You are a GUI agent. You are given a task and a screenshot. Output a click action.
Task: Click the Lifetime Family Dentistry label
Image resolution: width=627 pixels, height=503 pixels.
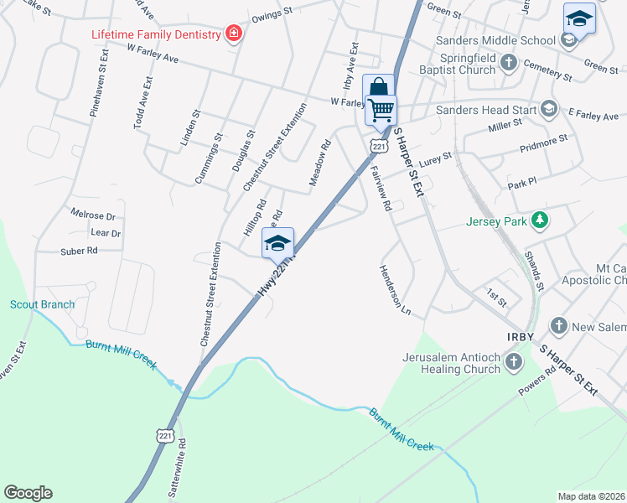click(x=155, y=34)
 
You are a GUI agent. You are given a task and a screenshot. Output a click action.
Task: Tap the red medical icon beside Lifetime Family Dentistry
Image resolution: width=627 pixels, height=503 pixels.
click(x=234, y=34)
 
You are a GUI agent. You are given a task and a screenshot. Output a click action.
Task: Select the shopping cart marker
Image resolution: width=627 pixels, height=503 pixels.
click(x=381, y=109)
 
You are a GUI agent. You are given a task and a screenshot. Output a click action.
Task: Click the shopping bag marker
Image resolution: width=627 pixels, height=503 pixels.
click(x=379, y=88)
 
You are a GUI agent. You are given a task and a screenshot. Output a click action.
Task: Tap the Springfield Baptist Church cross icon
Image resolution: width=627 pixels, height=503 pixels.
click(x=508, y=61)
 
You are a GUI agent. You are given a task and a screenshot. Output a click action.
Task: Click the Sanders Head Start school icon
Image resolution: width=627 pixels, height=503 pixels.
click(x=549, y=108)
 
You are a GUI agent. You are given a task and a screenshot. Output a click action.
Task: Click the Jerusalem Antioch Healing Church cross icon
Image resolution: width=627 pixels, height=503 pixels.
click(x=513, y=362)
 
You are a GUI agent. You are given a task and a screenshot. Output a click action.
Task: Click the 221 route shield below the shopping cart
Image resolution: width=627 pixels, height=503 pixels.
click(x=379, y=147)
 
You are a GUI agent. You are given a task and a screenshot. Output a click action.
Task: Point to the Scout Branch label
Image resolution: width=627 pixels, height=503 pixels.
click(x=43, y=304)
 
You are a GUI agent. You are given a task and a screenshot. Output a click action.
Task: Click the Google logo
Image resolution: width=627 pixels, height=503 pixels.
click(x=28, y=493)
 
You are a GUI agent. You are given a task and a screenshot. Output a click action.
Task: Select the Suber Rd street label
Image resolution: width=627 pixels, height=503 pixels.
click(x=80, y=251)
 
